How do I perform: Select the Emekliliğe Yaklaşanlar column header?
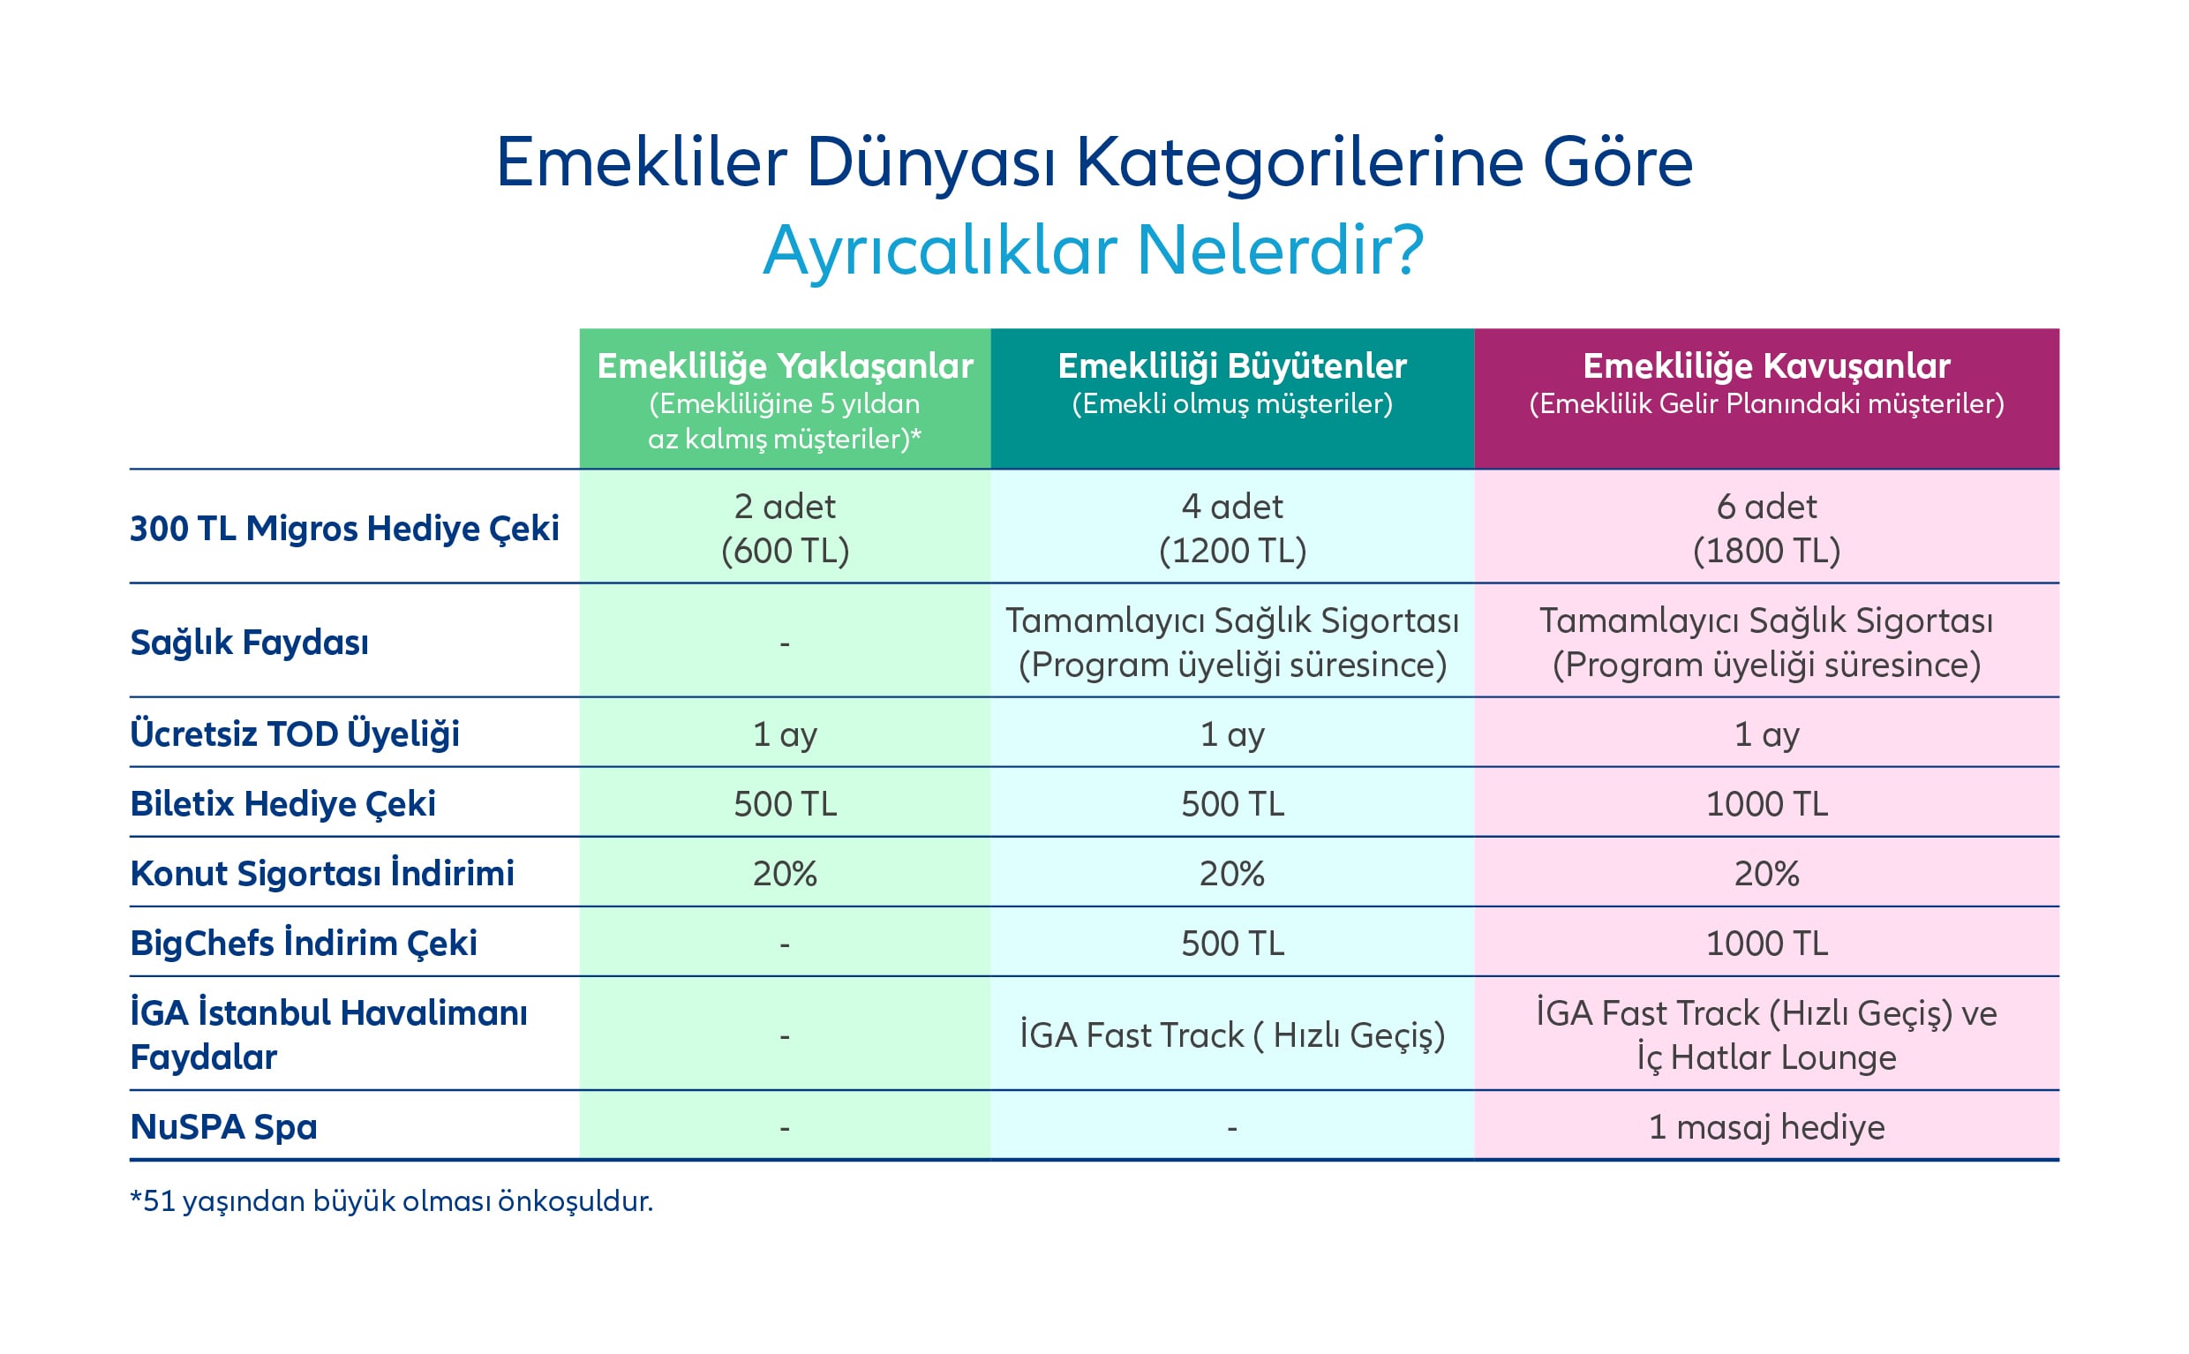pos(785,367)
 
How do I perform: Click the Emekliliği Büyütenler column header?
pos(1232,367)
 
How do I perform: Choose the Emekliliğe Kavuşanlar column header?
pos(1765,367)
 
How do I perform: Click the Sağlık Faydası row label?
pos(249,642)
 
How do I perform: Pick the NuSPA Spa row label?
pos(224,1126)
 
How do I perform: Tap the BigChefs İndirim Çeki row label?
pos(304,943)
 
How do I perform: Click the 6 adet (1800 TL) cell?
pos(1765,529)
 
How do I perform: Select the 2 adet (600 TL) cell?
pos(785,529)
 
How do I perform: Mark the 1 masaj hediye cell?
pos(1765,1126)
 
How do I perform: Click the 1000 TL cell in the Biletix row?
pos(1765,804)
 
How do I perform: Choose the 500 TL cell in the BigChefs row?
pos(1232,944)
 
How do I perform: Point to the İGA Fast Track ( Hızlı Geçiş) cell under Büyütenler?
pos(1232,1035)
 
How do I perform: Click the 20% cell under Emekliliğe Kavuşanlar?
pos(1765,874)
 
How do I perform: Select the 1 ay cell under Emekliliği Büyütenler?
pos(1232,734)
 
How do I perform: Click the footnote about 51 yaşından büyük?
pos(391,1201)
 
